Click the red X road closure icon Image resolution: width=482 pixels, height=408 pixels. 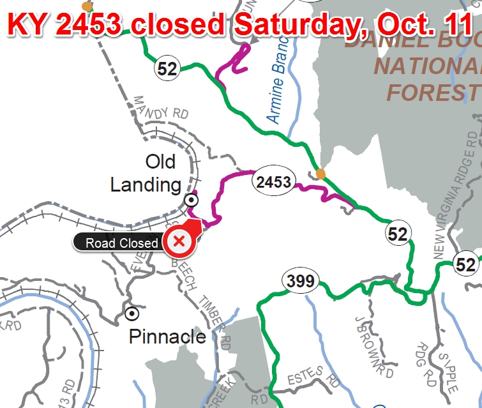pyautogui.click(x=179, y=241)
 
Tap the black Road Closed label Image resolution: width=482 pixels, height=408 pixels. pyautogui.click(x=121, y=243)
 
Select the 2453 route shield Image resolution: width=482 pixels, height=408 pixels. pyautogui.click(x=274, y=183)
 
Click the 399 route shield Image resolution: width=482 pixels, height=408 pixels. pyautogui.click(x=301, y=280)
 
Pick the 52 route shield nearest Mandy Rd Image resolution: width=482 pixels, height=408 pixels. pyautogui.click(x=167, y=68)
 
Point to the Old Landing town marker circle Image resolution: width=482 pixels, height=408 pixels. pyautogui.click(x=190, y=200)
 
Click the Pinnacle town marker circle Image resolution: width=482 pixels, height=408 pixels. pyautogui.click(x=132, y=314)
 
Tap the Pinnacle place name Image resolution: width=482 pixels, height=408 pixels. pyautogui.click(x=167, y=336)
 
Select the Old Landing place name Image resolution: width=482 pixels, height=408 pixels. pyautogui.click(x=146, y=173)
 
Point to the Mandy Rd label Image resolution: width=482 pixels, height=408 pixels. pyautogui.click(x=161, y=109)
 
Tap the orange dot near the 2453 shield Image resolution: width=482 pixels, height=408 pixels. pyautogui.click(x=320, y=173)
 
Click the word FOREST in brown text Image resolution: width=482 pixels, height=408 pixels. pyautogui.click(x=433, y=92)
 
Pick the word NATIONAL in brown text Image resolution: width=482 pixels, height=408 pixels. pyautogui.click(x=427, y=66)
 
